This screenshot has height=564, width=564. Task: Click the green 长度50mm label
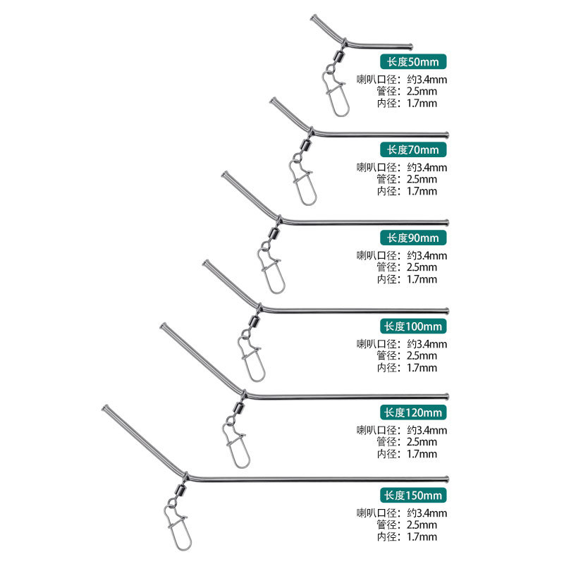(413, 61)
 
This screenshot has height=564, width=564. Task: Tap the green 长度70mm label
(413, 149)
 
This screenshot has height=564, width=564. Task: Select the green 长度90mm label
(413, 238)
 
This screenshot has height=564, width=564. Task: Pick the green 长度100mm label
(413, 326)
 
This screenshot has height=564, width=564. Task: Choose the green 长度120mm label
(413, 412)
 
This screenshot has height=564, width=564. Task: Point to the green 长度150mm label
(413, 496)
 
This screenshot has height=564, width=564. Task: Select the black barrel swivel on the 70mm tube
(306, 145)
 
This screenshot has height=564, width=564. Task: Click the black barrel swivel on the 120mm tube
(238, 408)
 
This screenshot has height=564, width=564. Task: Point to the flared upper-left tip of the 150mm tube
(105, 408)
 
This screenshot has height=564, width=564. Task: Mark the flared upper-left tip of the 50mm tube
(314, 18)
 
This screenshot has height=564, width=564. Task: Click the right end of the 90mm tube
(447, 223)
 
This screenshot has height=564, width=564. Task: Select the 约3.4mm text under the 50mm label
(427, 80)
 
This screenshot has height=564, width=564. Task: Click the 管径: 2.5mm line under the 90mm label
(407, 267)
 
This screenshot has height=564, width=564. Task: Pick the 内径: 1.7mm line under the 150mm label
(407, 537)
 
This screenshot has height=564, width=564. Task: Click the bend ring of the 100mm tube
(259, 307)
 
